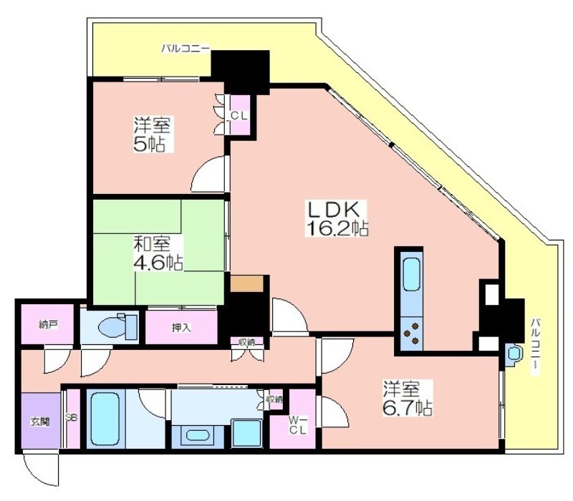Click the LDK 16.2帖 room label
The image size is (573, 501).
(336, 219)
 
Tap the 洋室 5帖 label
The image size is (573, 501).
(151, 135)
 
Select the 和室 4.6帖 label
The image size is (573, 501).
(158, 253)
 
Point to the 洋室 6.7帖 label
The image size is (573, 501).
(408, 398)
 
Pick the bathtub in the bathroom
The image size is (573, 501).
(105, 419)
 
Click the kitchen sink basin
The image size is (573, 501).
(411, 274)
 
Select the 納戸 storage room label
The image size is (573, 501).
(48, 324)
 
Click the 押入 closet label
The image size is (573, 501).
(181, 328)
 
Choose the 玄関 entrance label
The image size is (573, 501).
(40, 422)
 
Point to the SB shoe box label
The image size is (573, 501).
(71, 417)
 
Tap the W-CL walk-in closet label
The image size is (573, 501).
(297, 424)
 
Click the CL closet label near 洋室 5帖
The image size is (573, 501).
(239, 116)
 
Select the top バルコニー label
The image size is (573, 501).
(186, 48)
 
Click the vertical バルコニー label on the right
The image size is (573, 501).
(535, 346)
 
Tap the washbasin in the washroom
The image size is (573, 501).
(198, 435)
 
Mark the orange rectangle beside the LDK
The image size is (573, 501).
(246, 283)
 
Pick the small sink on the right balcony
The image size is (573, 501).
(514, 354)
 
